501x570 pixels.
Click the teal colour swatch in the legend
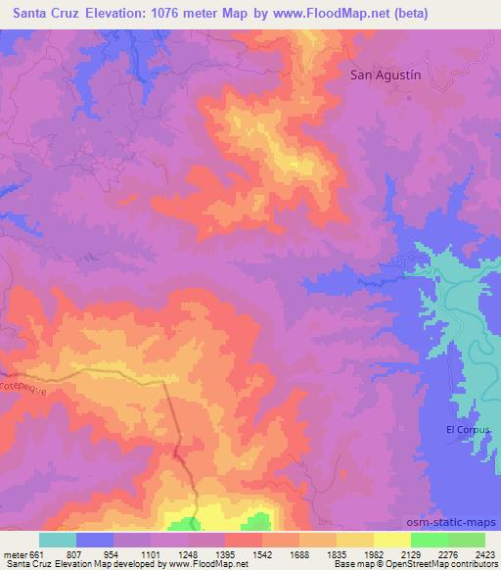coord(58,540)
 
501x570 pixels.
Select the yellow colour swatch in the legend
coord(391,540)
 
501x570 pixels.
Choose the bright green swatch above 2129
coord(429,540)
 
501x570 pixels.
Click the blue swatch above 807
coord(95,540)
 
